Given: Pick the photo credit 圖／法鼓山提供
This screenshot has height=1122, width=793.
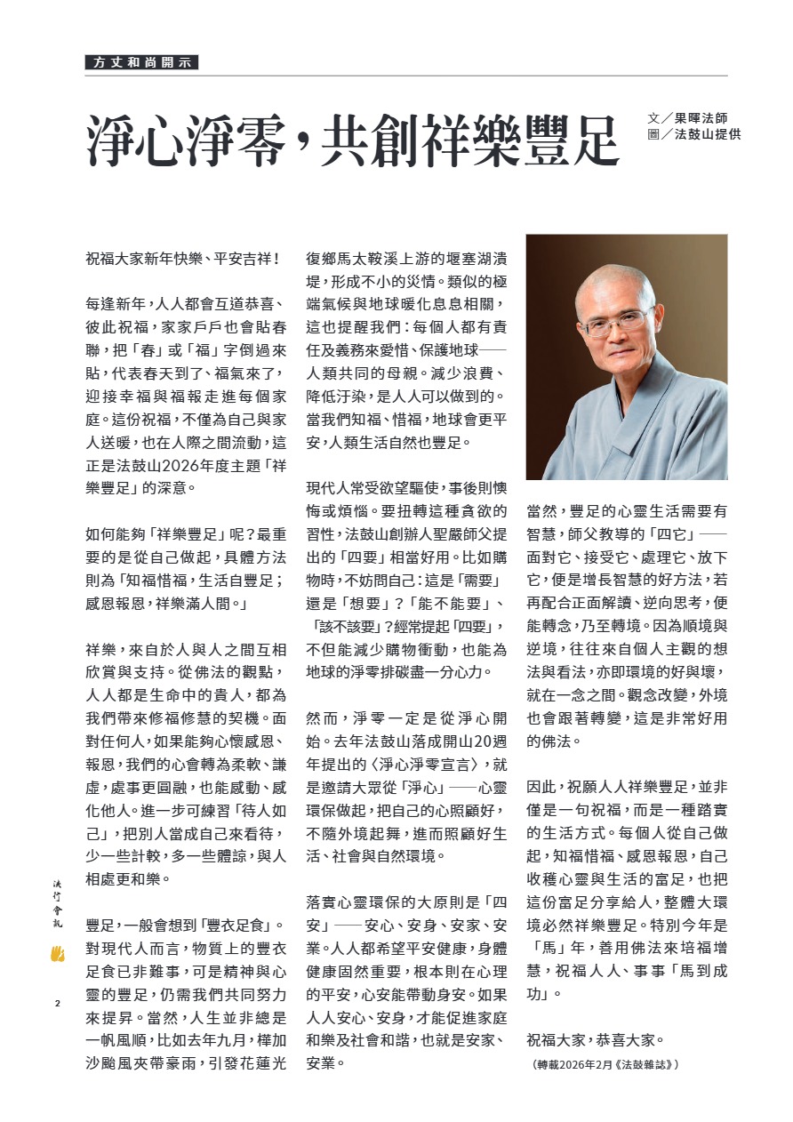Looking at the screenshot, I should coord(694,134).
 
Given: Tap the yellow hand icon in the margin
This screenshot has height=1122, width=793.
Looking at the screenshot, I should coord(59,955).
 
